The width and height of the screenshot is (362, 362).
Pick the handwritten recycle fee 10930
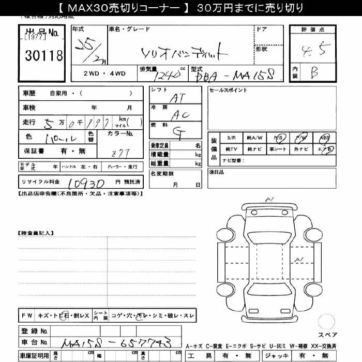[86, 184]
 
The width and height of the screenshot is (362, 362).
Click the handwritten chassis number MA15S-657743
[116, 343]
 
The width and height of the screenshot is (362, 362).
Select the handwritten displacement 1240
[169, 76]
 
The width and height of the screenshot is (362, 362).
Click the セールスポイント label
[228, 90]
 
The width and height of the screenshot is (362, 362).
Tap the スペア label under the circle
[327, 335]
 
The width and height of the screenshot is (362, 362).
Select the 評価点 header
[313, 30]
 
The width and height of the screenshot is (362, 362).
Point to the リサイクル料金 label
[40, 183]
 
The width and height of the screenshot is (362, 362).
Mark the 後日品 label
[217, 171]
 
